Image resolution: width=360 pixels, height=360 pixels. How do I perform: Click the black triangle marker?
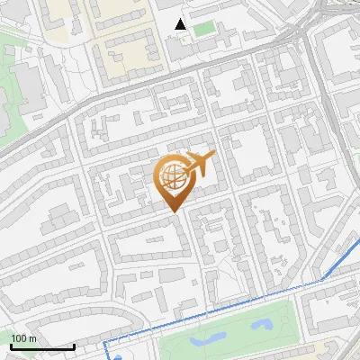[x=181, y=23]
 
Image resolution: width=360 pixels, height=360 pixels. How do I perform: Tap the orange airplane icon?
[x=198, y=166]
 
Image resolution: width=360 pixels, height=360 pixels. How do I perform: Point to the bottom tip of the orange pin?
[x=173, y=211]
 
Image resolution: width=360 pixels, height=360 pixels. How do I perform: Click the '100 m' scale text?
[x=24, y=338]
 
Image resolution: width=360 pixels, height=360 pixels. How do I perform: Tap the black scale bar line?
[x=42, y=346]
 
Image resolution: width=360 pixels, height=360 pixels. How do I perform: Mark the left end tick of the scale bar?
[x=11, y=346]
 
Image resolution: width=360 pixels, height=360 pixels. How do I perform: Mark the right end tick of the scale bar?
[x=74, y=346]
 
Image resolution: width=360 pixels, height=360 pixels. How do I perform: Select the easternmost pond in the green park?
[x=262, y=322]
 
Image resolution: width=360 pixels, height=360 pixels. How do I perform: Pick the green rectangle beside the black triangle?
[x=204, y=29]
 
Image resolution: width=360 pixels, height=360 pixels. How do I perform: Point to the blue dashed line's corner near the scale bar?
[x=105, y=343]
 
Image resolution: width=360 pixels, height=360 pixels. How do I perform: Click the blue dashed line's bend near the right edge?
[x=322, y=281]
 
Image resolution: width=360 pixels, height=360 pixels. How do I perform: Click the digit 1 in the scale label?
[x=13, y=338]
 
